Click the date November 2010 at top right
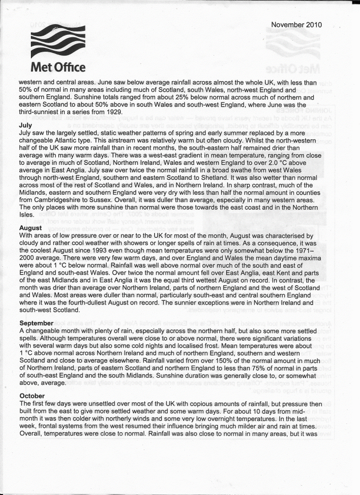(x=296, y=25)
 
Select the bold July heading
(x=25, y=125)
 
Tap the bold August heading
(x=30, y=227)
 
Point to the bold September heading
(x=36, y=322)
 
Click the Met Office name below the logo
(x=58, y=67)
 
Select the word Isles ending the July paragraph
(x=28, y=214)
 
